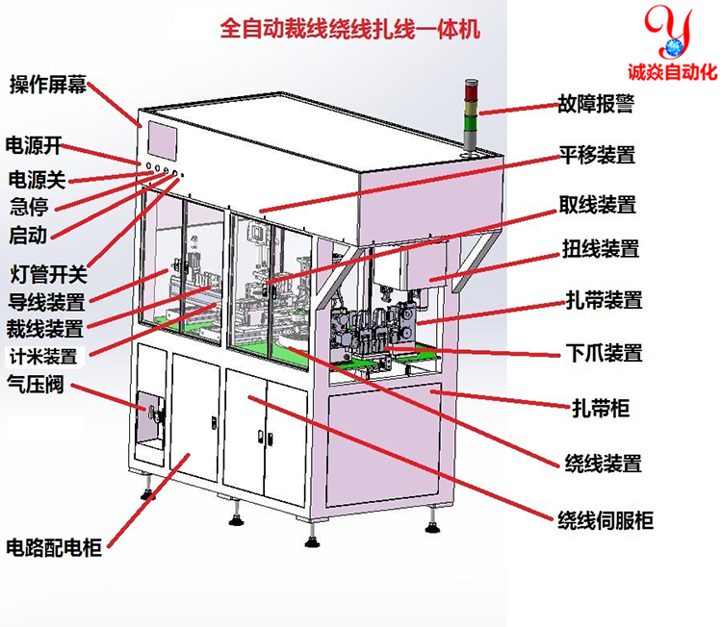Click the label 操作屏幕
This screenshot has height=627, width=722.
49,85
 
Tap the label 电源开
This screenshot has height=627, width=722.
34,145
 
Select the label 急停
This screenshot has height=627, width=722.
29,205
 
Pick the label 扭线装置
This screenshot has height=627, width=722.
600,249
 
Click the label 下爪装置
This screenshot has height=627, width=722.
601,352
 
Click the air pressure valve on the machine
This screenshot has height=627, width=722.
154,414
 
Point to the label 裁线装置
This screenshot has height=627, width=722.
46,328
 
